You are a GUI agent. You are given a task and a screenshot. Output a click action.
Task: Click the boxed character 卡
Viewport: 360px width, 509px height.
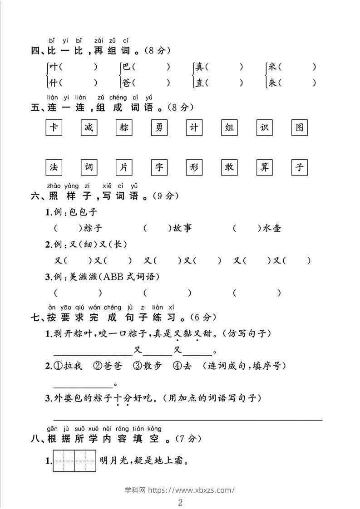(x=54, y=128)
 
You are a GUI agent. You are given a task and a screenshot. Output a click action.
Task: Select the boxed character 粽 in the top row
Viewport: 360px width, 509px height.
(x=124, y=128)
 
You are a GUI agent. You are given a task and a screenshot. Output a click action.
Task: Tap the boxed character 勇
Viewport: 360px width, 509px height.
(x=159, y=128)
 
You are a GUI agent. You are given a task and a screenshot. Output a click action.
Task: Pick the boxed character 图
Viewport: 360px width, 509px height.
(x=299, y=128)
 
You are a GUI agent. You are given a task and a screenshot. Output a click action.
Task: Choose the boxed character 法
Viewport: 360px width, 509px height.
(x=54, y=167)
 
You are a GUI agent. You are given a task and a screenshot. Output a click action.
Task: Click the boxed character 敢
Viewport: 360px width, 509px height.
(x=229, y=167)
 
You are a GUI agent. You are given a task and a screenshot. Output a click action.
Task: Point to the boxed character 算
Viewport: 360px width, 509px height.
(x=264, y=167)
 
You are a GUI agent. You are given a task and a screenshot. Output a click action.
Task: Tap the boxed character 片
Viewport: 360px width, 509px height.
(x=124, y=167)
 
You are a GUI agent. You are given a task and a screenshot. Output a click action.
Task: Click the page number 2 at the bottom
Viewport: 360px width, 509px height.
(x=180, y=502)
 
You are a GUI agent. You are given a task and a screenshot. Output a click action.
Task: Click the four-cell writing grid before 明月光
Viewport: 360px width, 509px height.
(x=74, y=461)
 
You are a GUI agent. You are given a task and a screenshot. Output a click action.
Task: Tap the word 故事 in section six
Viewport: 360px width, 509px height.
(x=182, y=228)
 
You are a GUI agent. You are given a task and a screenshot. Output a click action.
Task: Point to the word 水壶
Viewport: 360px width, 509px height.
(x=271, y=228)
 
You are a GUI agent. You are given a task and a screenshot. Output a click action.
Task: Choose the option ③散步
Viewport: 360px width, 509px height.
(x=148, y=366)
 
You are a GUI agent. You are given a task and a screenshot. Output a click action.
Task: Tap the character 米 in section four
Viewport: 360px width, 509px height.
(x=272, y=67)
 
